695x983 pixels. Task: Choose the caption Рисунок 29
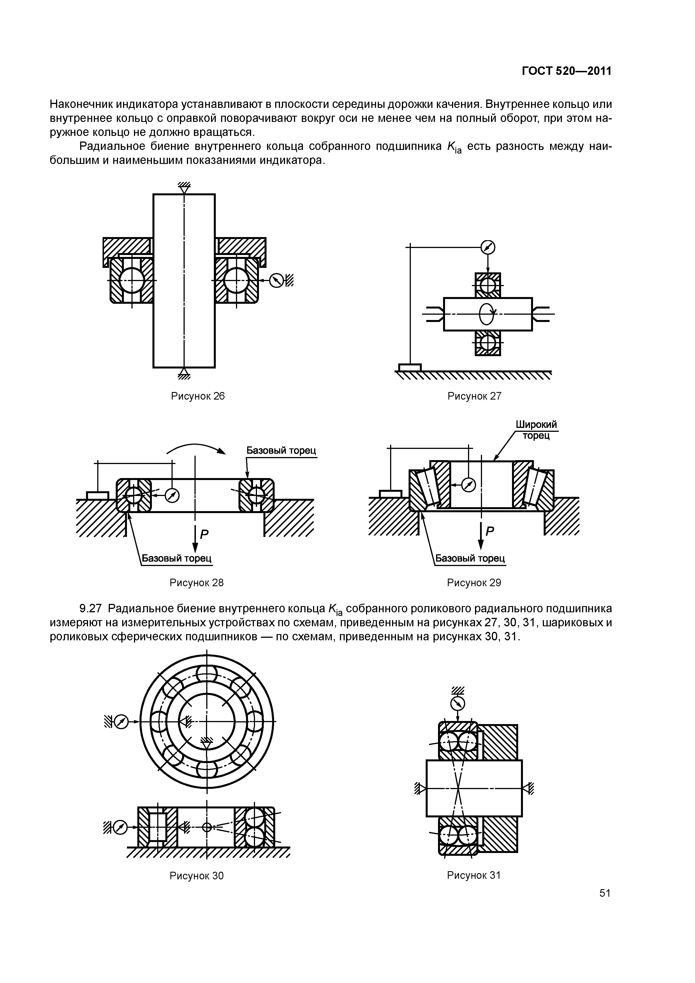pos(474,583)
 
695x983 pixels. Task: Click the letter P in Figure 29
pos(490,531)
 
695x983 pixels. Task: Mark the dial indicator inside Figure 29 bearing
pos(469,485)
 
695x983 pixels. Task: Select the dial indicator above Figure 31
pos(458,703)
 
